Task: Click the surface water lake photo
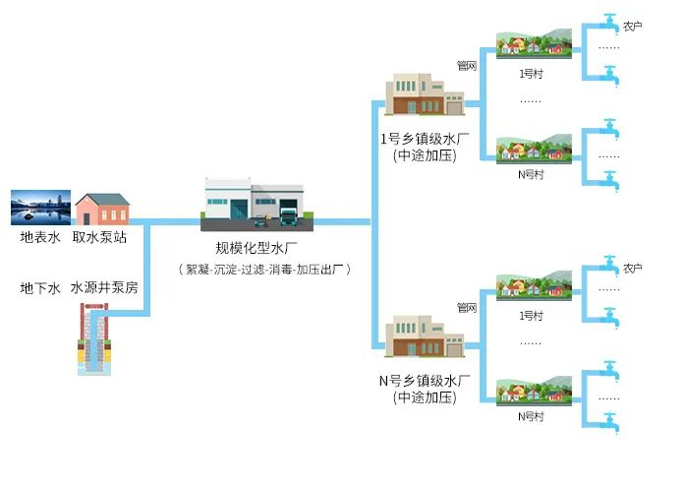point(40,209)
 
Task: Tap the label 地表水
point(40,237)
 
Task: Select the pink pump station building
point(102,209)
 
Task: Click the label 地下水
point(40,289)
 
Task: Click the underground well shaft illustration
point(95,338)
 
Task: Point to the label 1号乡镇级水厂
point(424,138)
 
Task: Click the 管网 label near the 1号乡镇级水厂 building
point(467,66)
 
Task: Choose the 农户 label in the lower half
point(633,268)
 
